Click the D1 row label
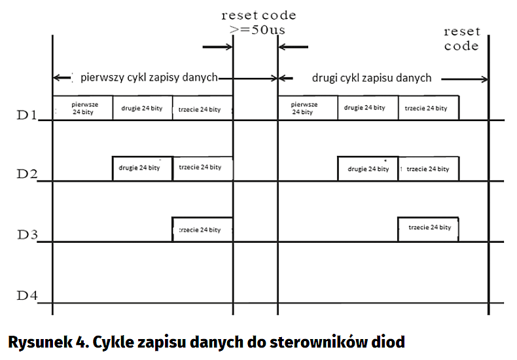point(26,117)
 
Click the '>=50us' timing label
point(258,30)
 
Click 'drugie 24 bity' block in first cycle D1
point(142,108)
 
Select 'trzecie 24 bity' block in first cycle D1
point(202,109)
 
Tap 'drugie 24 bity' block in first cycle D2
point(142,168)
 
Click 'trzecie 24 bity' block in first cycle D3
point(202,230)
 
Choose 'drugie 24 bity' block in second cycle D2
point(367,169)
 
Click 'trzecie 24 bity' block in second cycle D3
point(428,228)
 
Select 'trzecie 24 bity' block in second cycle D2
point(428,169)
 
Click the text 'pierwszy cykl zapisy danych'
point(149,77)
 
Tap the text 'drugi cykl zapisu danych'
point(371,77)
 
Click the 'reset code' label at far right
point(461,39)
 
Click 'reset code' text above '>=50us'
point(258,14)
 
